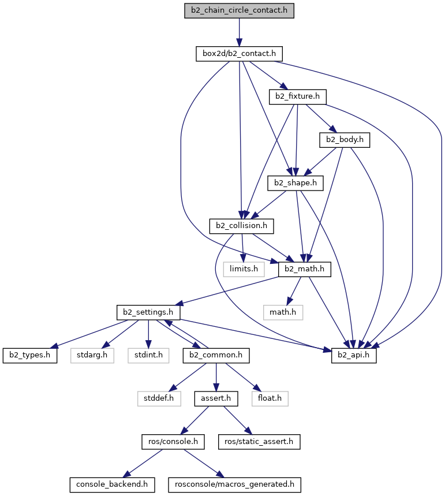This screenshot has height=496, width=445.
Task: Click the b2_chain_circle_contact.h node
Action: [239, 11]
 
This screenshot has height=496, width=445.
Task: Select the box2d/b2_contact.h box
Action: [239, 54]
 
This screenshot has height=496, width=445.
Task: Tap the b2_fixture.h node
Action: [297, 97]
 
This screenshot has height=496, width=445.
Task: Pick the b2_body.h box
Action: [345, 140]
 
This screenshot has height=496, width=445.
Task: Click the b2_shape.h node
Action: [296, 183]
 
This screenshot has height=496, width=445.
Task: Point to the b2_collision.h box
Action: [241, 226]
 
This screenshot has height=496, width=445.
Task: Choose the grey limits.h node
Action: [244, 269]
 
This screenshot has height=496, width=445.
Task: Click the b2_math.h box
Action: [305, 269]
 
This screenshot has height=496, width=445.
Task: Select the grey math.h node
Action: [283, 312]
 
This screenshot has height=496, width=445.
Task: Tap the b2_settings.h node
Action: [148, 312]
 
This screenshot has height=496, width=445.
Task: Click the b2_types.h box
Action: [30, 356]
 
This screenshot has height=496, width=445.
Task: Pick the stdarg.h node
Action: [92, 356]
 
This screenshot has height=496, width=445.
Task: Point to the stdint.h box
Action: [148, 356]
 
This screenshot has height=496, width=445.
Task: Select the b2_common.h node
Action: [216, 356]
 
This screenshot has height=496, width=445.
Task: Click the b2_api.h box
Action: [354, 356]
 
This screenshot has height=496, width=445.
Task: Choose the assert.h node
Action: [216, 398]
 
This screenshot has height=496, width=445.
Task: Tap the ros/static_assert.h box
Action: [259, 442]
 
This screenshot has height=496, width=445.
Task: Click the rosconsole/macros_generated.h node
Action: [234, 485]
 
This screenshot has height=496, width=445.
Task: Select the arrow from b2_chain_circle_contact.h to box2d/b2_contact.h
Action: [239, 32]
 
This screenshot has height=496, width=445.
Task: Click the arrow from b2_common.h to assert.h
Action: [216, 377]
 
